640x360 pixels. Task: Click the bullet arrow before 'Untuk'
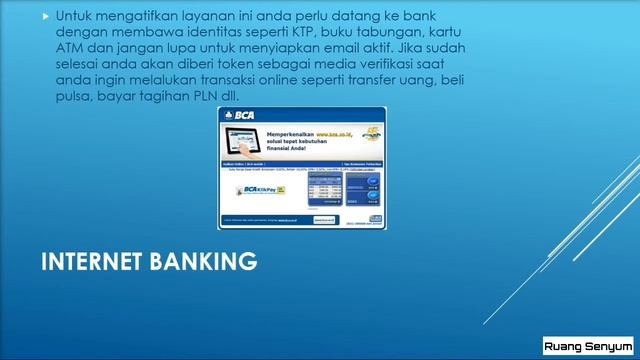coord(45,17)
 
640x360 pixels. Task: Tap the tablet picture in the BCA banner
coord(257,142)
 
